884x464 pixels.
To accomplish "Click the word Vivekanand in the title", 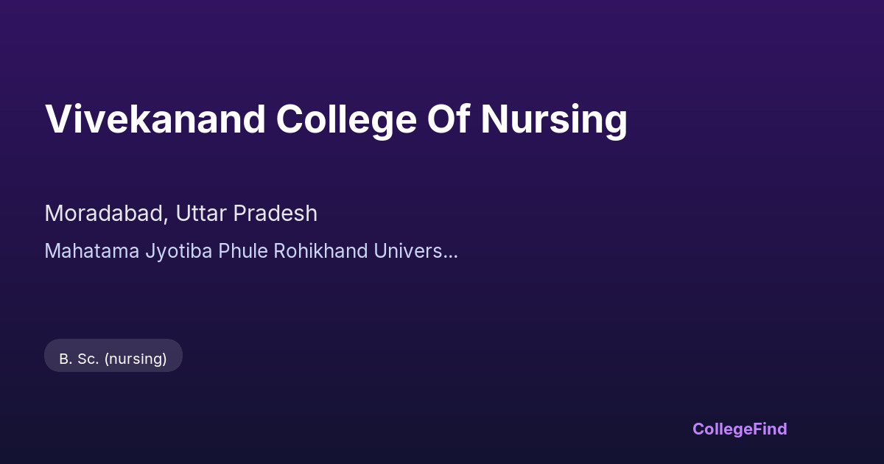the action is coord(155,119).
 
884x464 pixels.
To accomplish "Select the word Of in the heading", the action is coord(449,119).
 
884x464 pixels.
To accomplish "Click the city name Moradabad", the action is coord(104,214).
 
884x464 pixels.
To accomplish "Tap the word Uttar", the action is coord(201,214).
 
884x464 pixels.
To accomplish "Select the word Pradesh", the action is coord(275,214).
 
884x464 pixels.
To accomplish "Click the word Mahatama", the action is coord(92,251).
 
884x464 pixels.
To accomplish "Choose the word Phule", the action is coord(243,251).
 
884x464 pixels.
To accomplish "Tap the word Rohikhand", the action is coord(321,251).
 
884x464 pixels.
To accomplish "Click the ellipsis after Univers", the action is coord(450,257).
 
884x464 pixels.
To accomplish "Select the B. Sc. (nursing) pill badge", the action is coord(113,356).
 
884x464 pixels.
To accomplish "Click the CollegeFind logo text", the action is coord(740,429).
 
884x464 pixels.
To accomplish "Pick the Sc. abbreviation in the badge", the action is coord(88,359).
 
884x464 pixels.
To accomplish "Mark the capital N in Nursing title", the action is coord(494,119).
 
